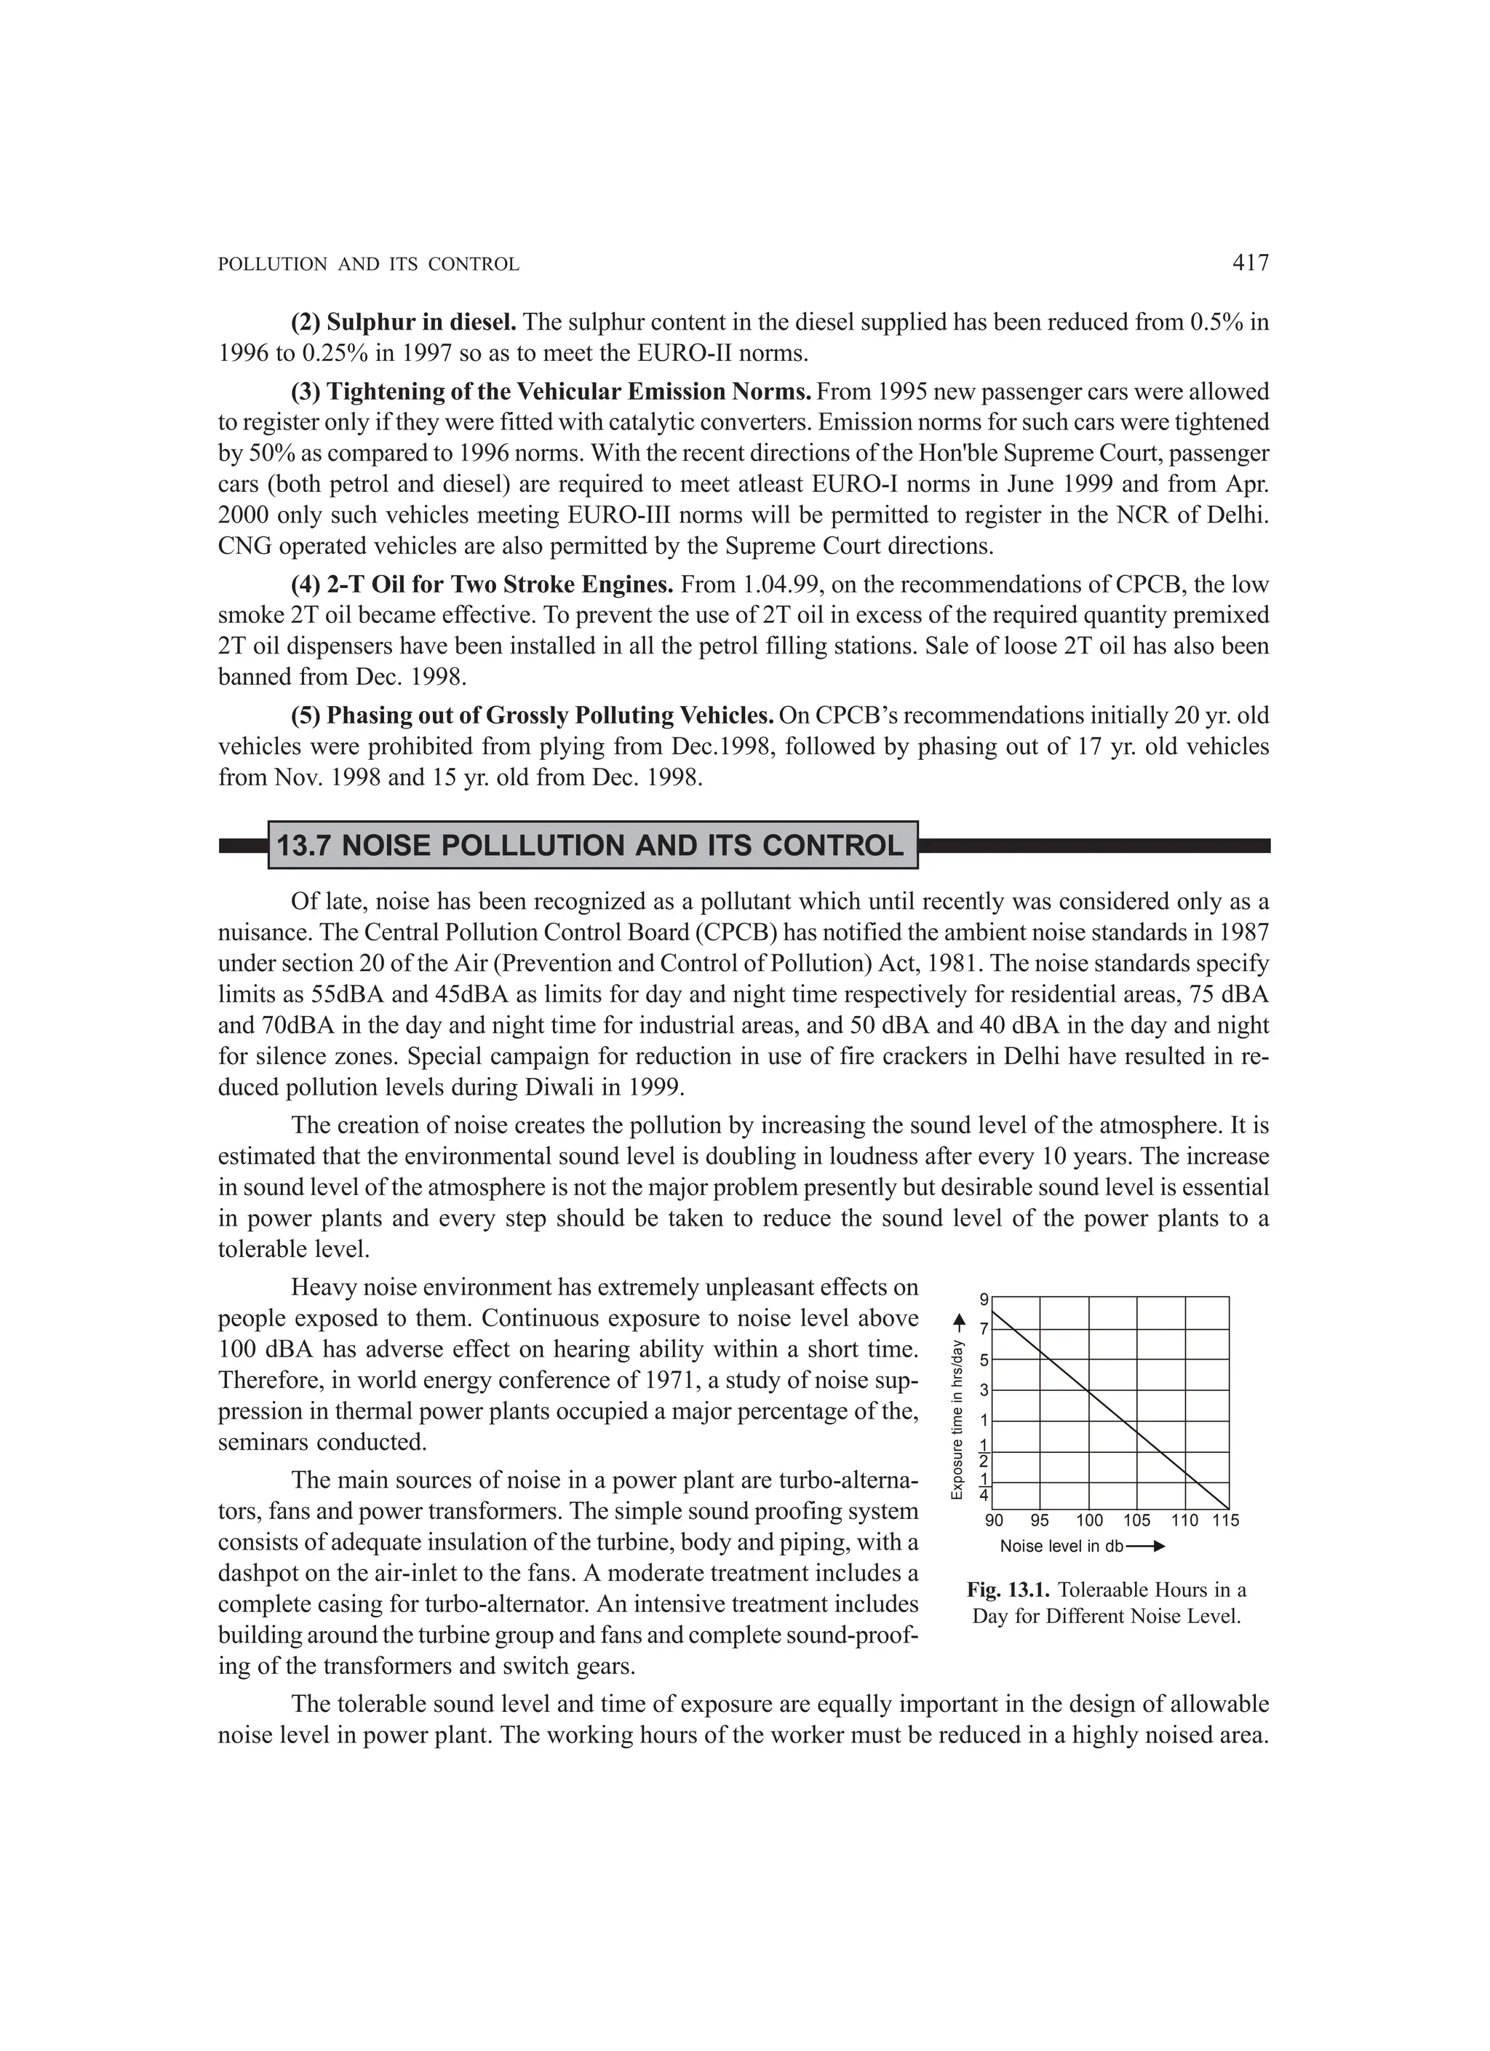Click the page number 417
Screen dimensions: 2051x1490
click(x=1251, y=263)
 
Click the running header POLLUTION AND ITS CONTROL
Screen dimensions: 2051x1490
click(x=369, y=265)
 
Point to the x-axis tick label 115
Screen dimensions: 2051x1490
click(x=1226, y=1521)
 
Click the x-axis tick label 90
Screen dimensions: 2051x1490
click(x=994, y=1521)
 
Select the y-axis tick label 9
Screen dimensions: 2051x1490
click(x=984, y=1299)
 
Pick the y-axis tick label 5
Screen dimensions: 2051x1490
click(x=984, y=1360)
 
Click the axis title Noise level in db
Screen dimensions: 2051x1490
click(x=1061, y=1547)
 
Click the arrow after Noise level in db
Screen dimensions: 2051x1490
click(x=1147, y=1547)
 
